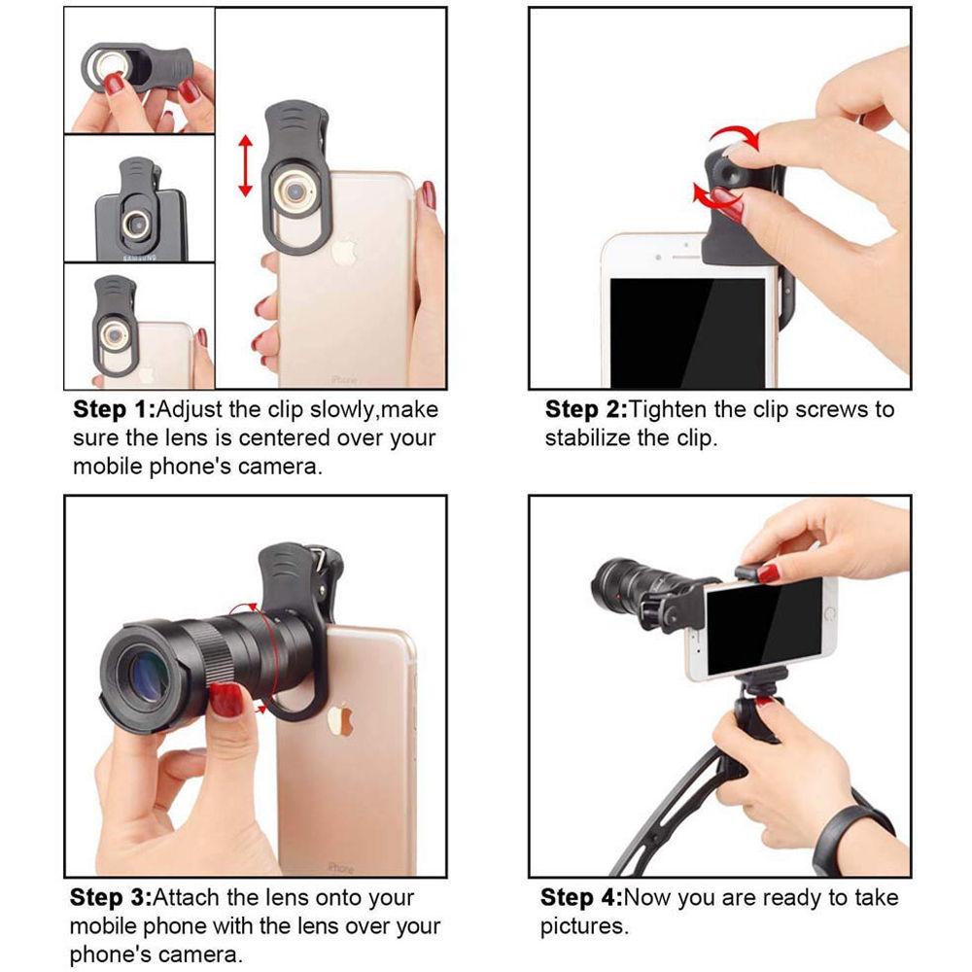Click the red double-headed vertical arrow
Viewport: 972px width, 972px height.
(x=246, y=165)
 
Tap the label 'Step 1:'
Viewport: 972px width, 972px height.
(x=114, y=410)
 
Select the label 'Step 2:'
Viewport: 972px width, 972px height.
(x=586, y=410)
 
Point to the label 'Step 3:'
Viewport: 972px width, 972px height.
(x=111, y=897)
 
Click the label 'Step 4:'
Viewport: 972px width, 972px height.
(x=581, y=897)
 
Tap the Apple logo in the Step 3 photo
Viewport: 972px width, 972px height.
(x=340, y=719)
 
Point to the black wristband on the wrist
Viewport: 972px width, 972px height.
(x=852, y=825)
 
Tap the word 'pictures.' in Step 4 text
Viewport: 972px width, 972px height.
(x=584, y=926)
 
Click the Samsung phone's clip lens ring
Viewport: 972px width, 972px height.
(x=136, y=224)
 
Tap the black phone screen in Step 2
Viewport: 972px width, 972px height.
(x=687, y=332)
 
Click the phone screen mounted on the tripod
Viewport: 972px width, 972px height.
(x=764, y=626)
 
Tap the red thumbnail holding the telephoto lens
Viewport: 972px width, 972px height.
(x=226, y=699)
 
